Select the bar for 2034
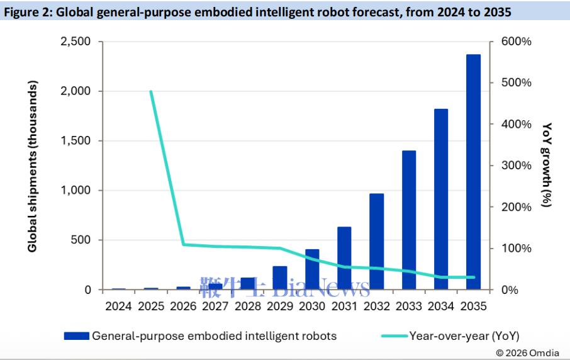click(441, 199)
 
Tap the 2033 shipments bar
click(409, 220)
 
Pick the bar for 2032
click(377, 242)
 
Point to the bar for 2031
click(344, 258)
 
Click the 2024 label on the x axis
click(118, 307)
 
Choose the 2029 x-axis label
click(280, 307)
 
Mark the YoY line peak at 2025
click(151, 91)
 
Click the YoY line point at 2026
click(183, 244)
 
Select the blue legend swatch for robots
click(76, 336)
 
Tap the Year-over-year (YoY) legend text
click(464, 336)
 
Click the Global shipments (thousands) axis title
click(33, 166)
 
